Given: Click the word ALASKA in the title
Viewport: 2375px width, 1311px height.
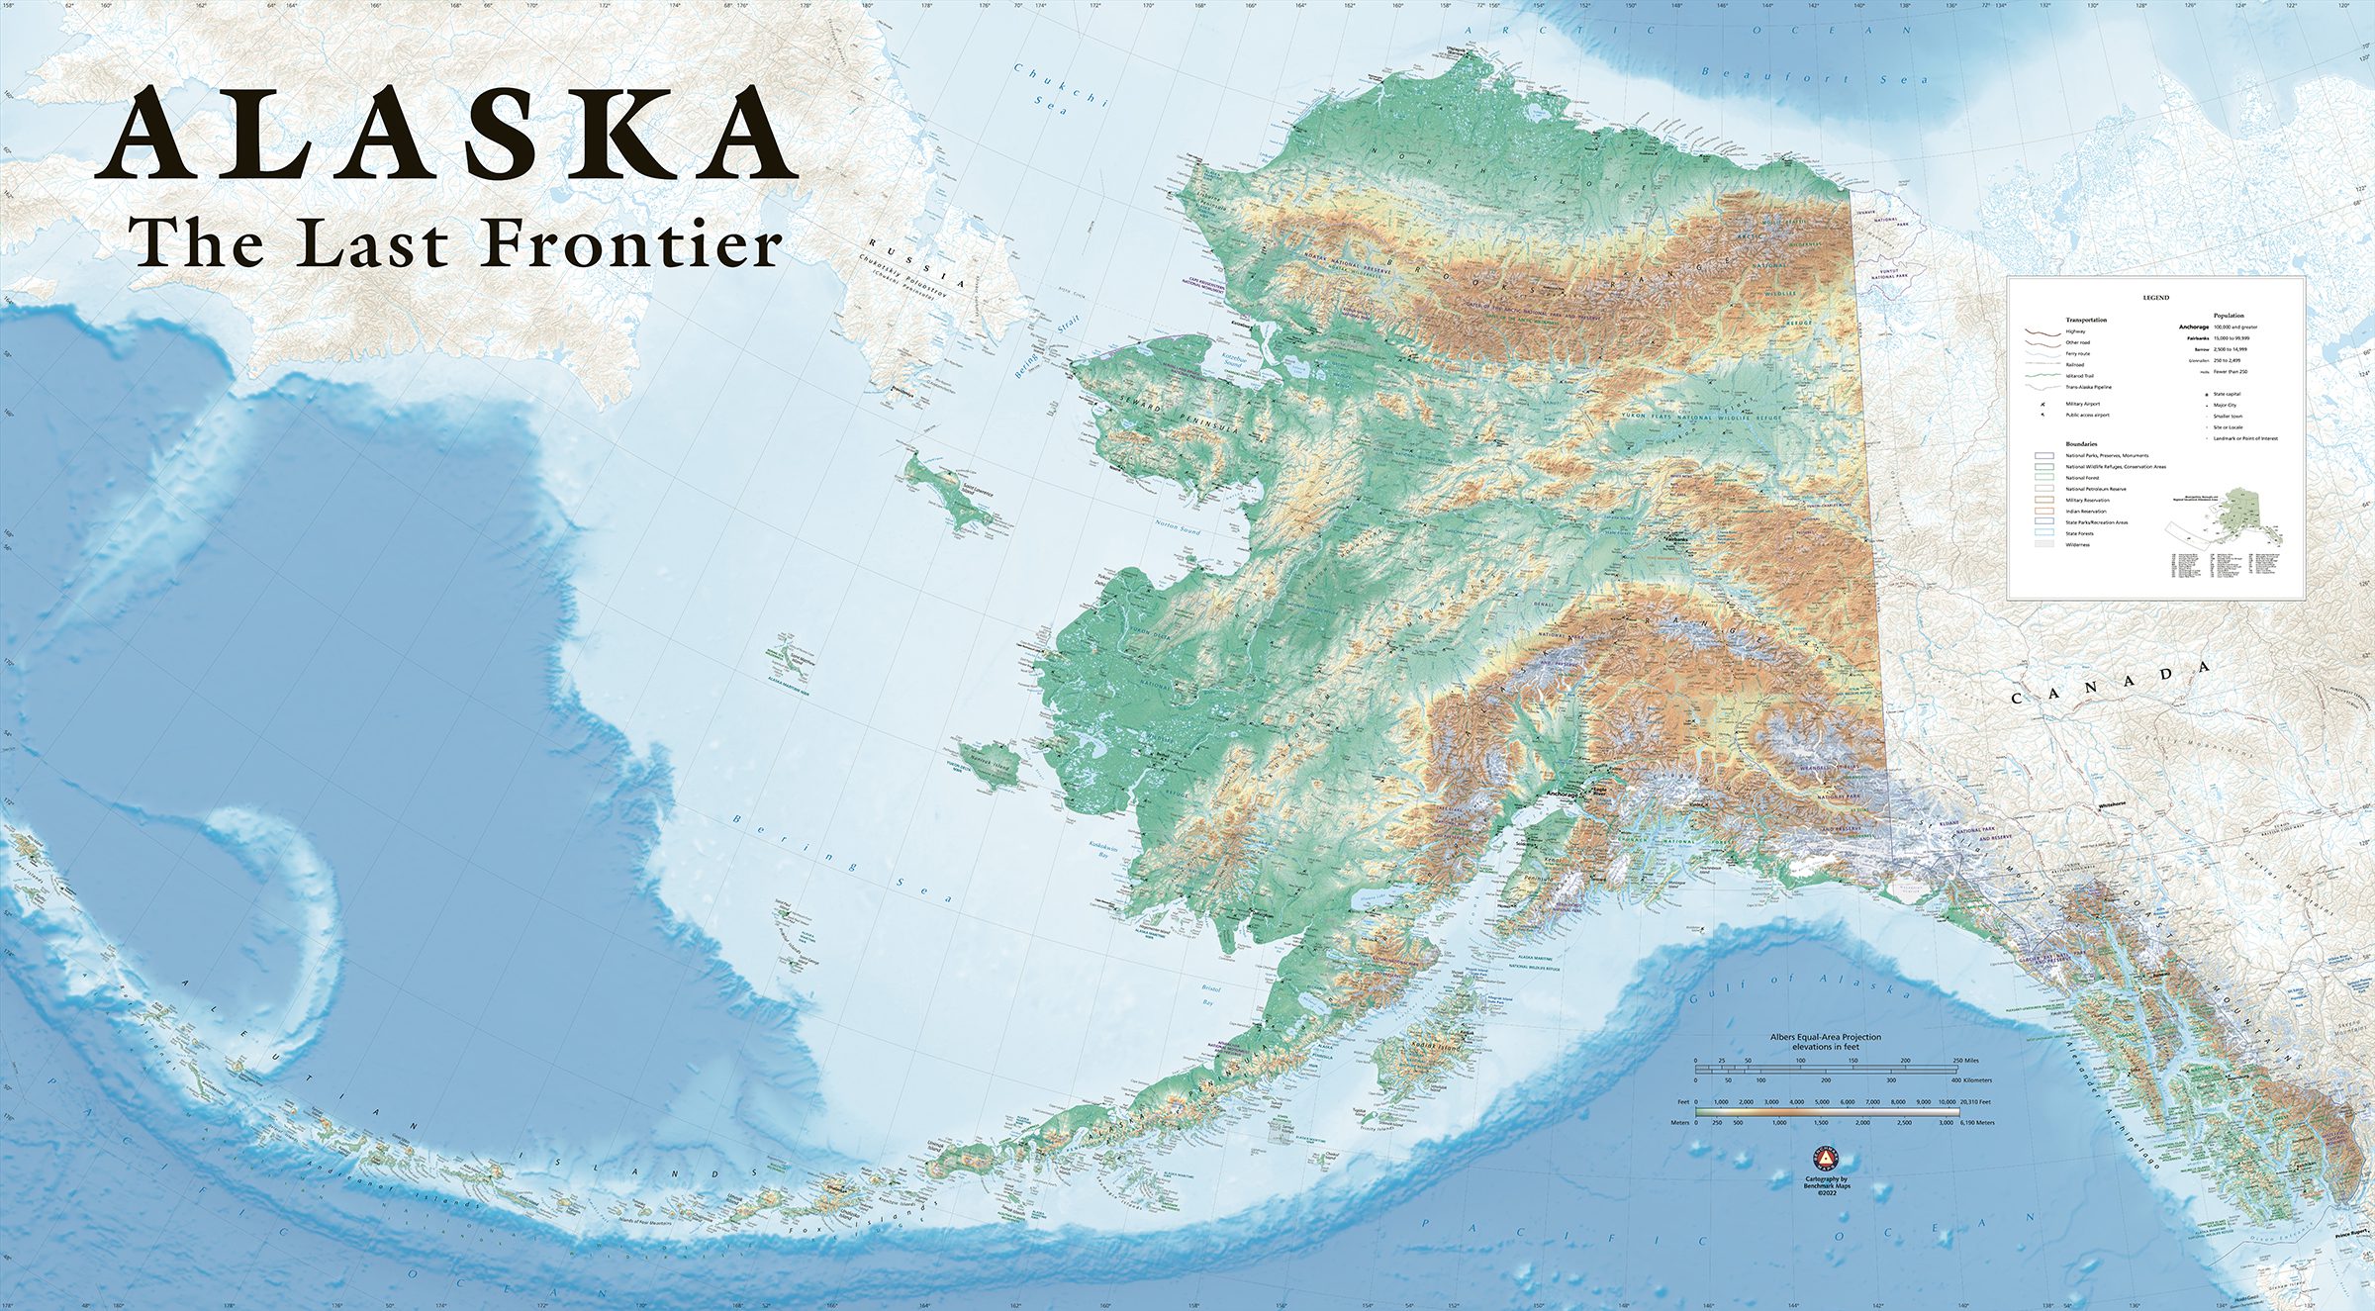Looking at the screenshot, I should point(445,134).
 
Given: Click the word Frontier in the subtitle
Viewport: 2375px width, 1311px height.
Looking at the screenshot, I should point(632,244).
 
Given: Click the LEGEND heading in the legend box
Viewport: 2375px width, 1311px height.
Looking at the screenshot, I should point(2155,297).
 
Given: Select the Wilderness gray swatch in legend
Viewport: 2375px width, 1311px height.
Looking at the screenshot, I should point(2044,544).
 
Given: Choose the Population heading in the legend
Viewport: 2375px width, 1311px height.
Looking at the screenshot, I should point(2229,316).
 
